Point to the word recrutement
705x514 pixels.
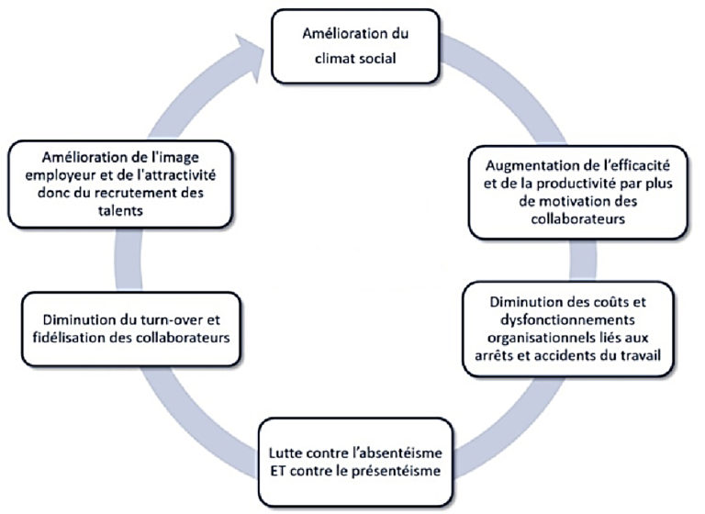(x=144, y=191)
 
